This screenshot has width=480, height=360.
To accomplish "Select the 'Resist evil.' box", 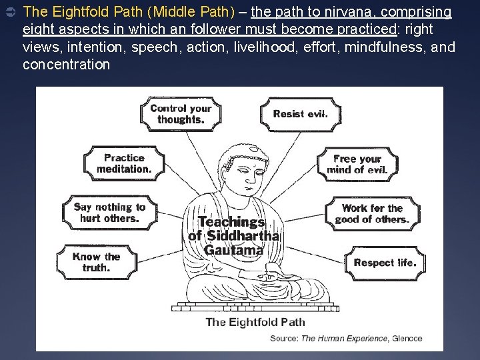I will (x=300, y=113).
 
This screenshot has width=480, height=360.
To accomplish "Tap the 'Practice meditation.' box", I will (x=124, y=163).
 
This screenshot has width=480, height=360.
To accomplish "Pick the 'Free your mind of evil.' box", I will (x=357, y=164).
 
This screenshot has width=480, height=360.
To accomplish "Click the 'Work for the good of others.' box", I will (x=372, y=214).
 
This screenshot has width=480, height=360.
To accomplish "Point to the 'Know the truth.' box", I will (x=96, y=262).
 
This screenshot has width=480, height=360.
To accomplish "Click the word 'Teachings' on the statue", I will (x=231, y=223).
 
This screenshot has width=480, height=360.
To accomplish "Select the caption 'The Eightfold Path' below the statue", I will (x=255, y=322).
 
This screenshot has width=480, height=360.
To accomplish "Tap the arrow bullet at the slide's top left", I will (x=9, y=13).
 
